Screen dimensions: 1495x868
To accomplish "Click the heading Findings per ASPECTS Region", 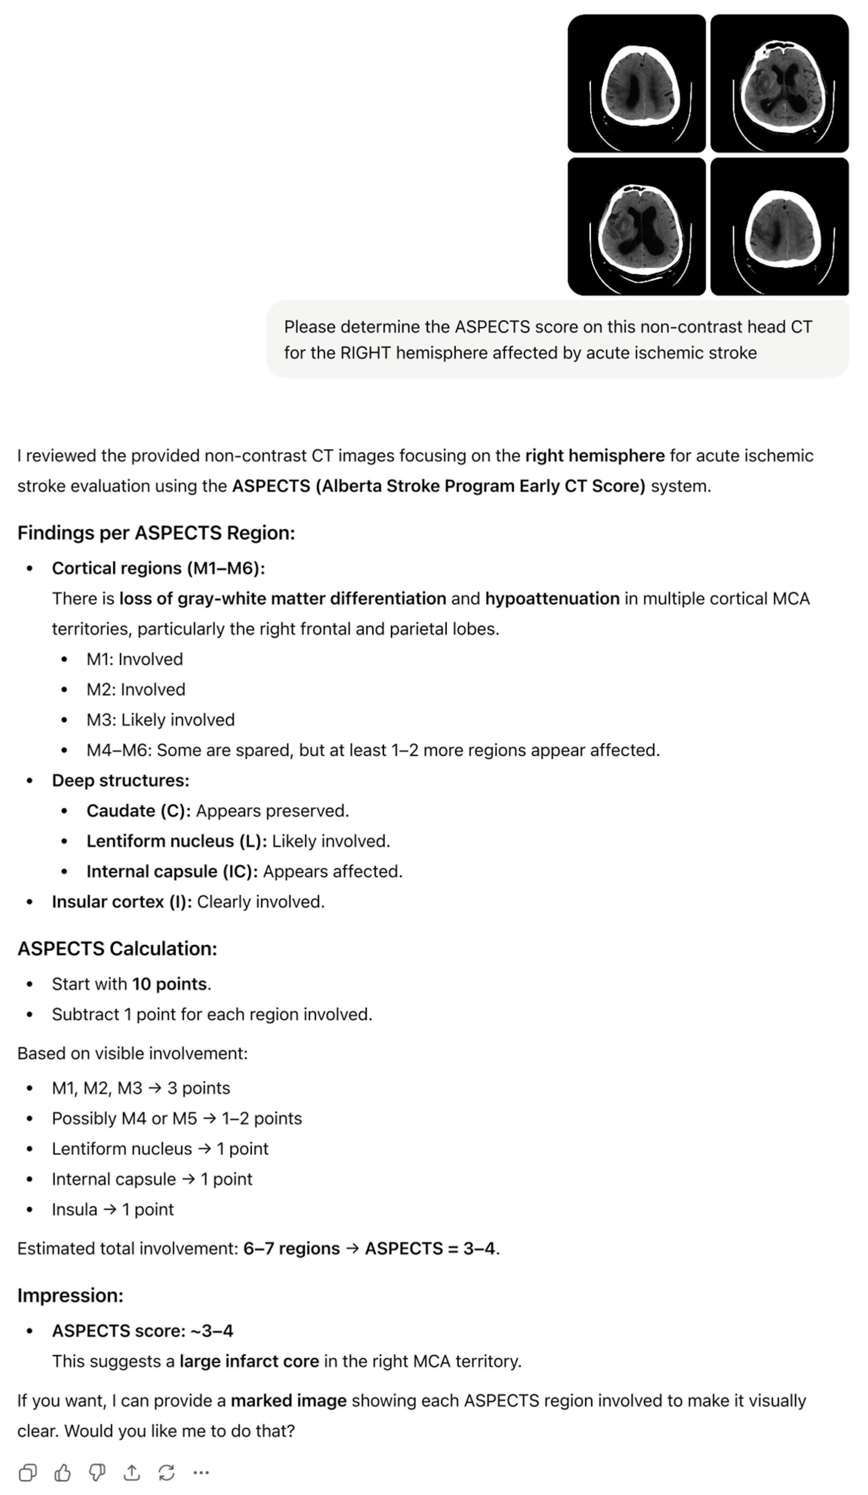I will [156, 533].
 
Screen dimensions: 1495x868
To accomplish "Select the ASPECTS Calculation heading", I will [117, 949].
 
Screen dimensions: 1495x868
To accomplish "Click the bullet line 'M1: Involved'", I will [135, 659].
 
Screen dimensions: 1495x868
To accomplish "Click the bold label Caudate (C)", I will [138, 811].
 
